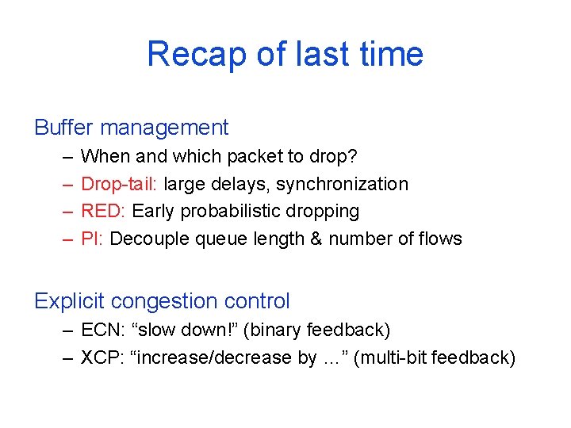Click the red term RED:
click(x=104, y=212)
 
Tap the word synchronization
click(x=342, y=184)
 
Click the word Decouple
click(x=147, y=239)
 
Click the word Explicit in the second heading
click(x=70, y=301)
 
